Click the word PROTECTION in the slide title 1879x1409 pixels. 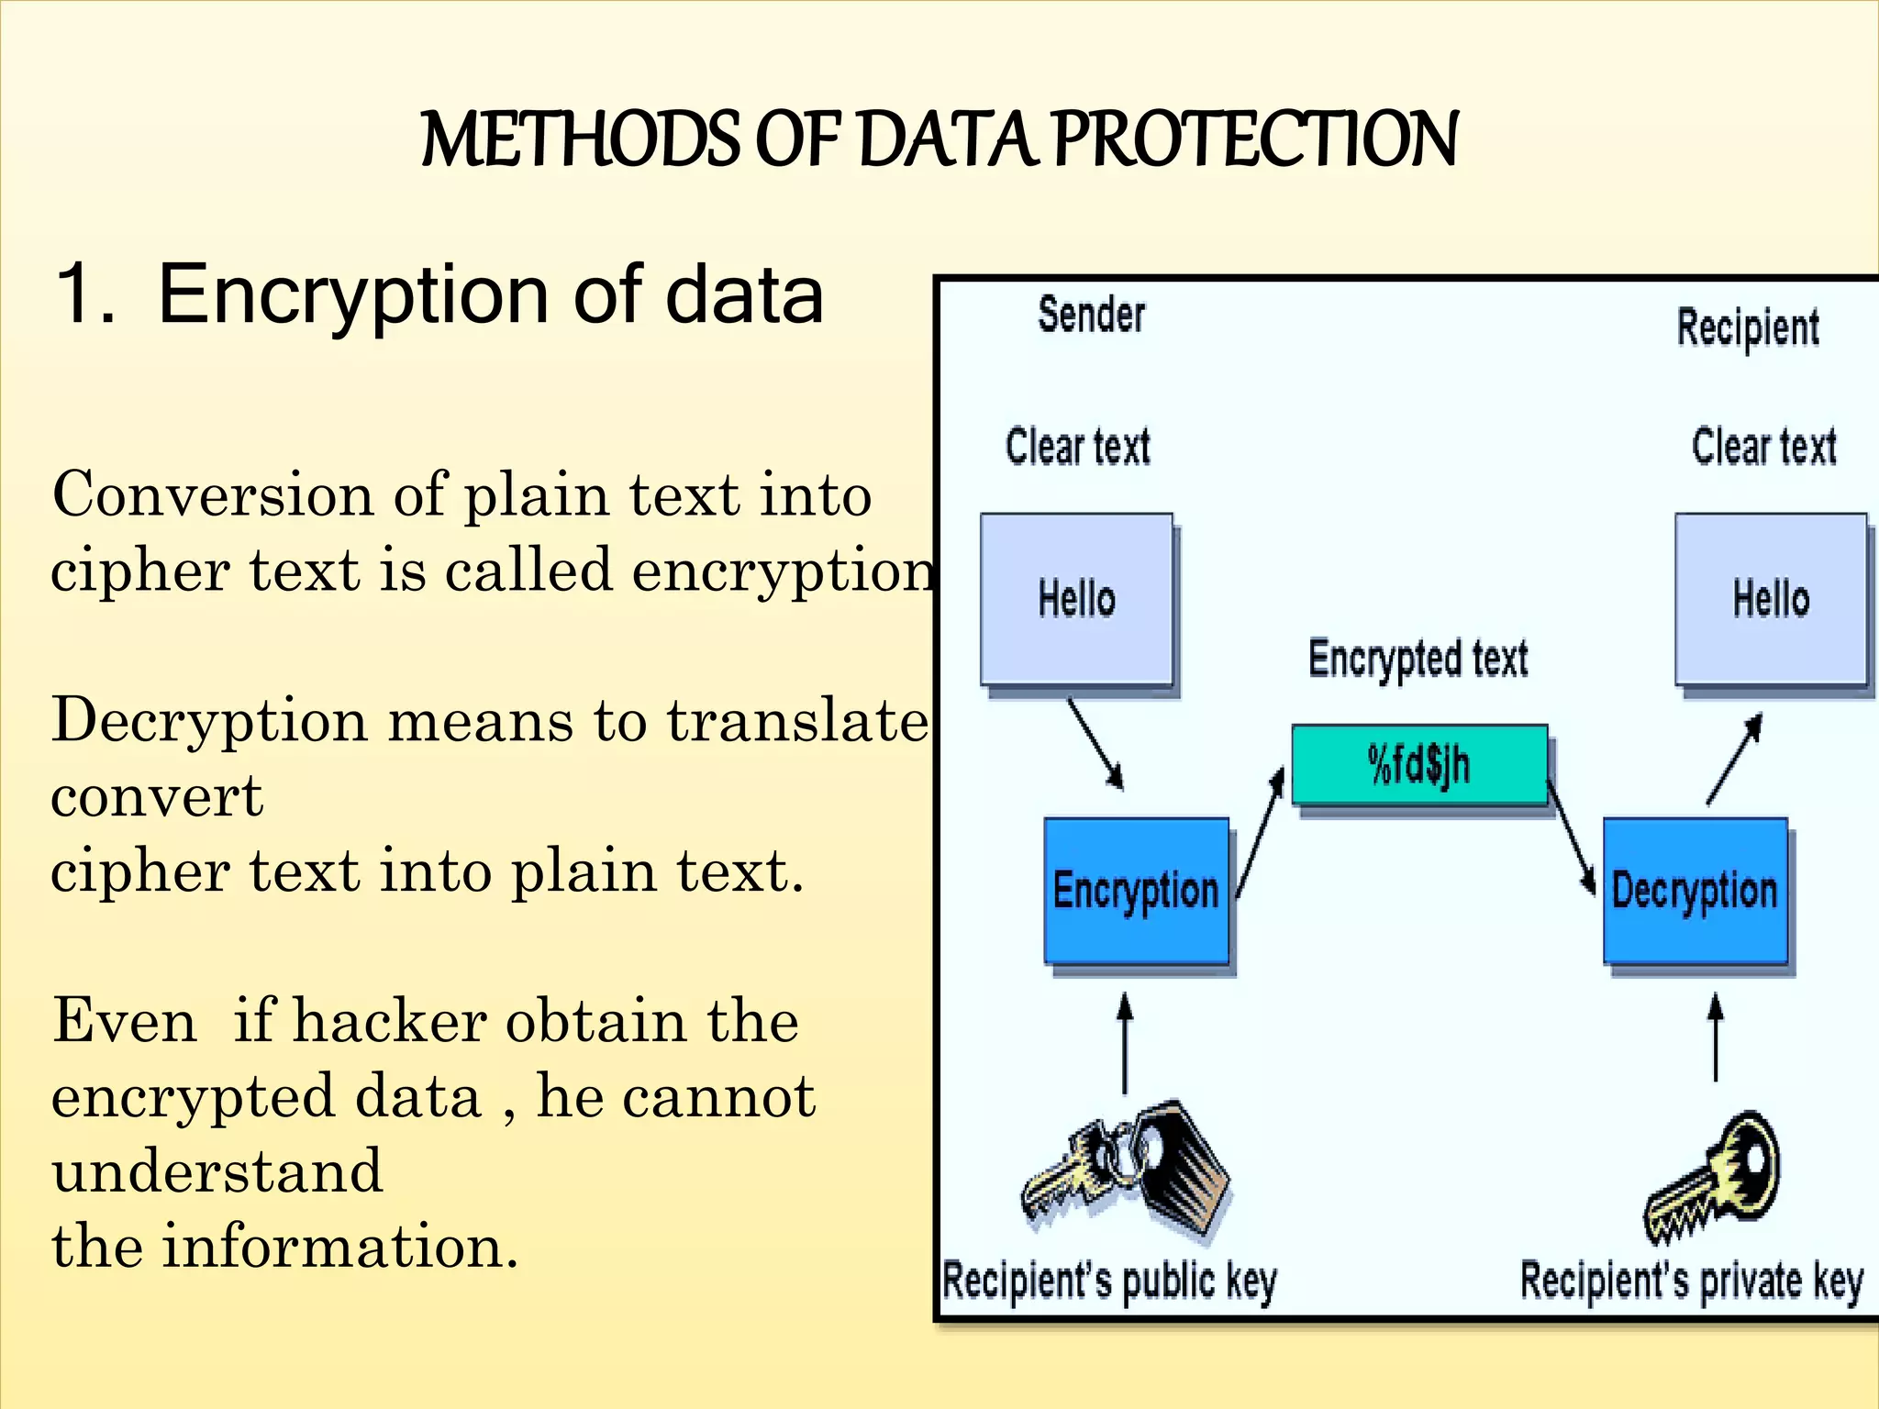pyautogui.click(x=1255, y=139)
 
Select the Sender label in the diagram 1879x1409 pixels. pyautogui.click(x=1091, y=315)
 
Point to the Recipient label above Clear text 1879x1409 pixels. pyautogui.click(x=1748, y=328)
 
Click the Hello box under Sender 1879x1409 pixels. pyautogui.click(x=1076, y=599)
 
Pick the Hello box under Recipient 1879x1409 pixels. pyautogui.click(x=1771, y=599)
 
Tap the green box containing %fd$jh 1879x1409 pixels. pyautogui.click(x=1419, y=764)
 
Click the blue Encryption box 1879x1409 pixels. pyautogui.click(x=1136, y=891)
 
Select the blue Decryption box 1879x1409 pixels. pyautogui.click(x=1696, y=891)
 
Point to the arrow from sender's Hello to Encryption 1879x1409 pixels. pyautogui.click(x=1095, y=744)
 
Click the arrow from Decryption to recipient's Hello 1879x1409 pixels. pyautogui.click(x=1733, y=760)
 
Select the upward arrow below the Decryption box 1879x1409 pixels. pyautogui.click(x=1716, y=1037)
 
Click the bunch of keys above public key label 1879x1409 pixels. pyautogui.click(x=1129, y=1170)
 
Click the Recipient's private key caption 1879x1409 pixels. pyautogui.click(x=1691, y=1281)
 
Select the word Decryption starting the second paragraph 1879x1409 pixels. pyautogui.click(x=209, y=721)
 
